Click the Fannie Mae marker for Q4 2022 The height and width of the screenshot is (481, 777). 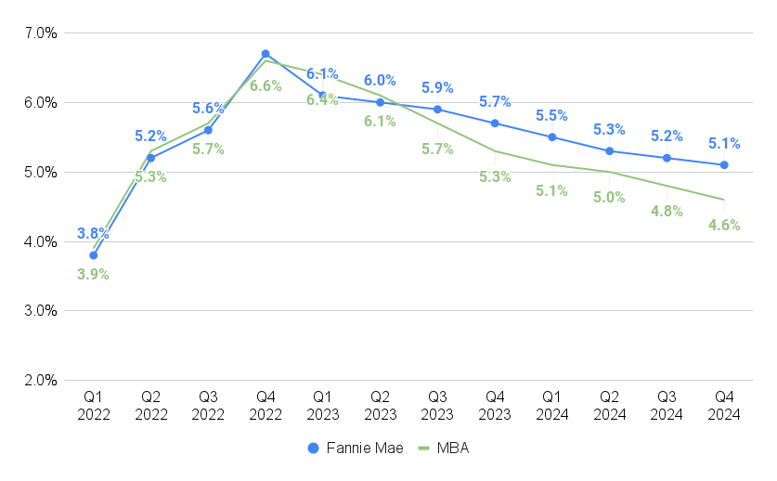(265, 54)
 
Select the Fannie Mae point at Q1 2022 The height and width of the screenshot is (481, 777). (94, 255)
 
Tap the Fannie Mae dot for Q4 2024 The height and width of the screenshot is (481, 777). (724, 165)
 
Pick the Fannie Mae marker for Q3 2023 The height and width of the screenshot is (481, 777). (437, 110)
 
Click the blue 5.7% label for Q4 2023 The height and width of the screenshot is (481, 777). (495, 101)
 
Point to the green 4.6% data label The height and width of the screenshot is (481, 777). (724, 225)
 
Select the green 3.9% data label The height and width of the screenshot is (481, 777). (94, 274)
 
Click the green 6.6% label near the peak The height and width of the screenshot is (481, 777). (265, 85)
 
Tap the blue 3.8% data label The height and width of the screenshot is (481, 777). (94, 234)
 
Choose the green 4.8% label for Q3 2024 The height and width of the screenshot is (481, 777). (667, 211)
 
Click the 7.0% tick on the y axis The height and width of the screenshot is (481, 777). (41, 32)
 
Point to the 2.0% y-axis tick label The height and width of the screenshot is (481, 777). (41, 381)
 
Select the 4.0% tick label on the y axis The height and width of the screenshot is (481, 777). (41, 241)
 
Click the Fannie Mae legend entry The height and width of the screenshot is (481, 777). (356, 448)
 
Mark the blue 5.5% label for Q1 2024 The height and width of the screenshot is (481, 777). (552, 116)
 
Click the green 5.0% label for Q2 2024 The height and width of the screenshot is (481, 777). (609, 197)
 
